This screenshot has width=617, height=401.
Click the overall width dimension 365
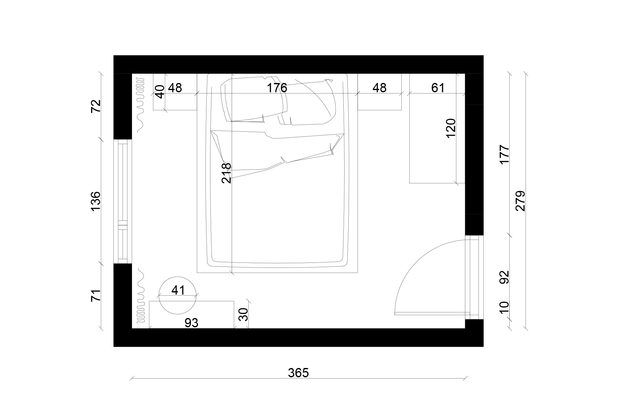click(x=298, y=373)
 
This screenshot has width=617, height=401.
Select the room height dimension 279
click(x=520, y=201)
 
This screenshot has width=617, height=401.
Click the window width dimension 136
click(x=96, y=201)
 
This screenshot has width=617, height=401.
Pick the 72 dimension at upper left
click(x=96, y=106)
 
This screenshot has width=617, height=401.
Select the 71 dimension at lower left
click(x=96, y=295)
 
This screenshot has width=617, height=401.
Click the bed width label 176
click(x=277, y=88)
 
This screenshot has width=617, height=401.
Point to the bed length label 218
click(x=226, y=173)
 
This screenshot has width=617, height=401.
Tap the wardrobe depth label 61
click(x=437, y=88)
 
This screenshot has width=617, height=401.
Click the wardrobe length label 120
click(x=451, y=128)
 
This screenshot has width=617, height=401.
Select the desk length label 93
click(x=191, y=323)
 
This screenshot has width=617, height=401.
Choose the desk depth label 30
click(x=244, y=314)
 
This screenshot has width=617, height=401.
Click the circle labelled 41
click(x=177, y=295)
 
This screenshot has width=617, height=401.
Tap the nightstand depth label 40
click(x=159, y=92)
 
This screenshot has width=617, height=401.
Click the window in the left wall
click(x=123, y=201)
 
